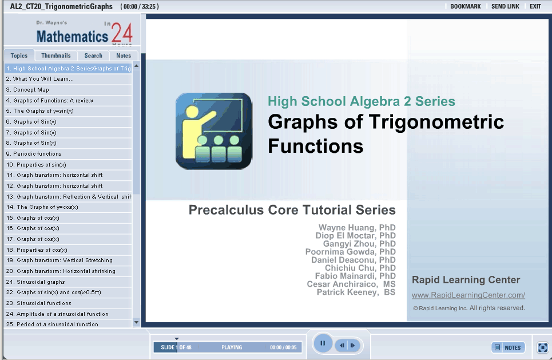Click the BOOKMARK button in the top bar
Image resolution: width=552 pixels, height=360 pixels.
[x=466, y=6]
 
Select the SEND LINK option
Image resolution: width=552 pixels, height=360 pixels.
[x=505, y=6]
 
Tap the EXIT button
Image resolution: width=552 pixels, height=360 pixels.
[x=535, y=6]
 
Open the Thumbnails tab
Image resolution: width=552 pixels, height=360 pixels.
[x=56, y=56]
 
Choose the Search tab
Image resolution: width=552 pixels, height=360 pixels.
[x=93, y=56]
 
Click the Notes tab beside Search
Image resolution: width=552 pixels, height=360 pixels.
[x=124, y=56]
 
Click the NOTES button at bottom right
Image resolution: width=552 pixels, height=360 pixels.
[x=508, y=347]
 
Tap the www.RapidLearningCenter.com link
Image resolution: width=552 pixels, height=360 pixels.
[x=468, y=295]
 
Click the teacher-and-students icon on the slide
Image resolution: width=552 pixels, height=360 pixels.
[x=214, y=131]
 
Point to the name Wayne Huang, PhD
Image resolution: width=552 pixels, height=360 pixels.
[x=357, y=228]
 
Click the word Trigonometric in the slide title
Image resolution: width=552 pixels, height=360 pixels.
[x=436, y=122]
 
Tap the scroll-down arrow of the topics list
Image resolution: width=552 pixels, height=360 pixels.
[x=136, y=322]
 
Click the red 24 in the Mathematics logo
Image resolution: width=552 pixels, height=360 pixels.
[x=122, y=33]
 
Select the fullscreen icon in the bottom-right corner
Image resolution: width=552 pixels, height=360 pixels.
[x=542, y=347]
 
